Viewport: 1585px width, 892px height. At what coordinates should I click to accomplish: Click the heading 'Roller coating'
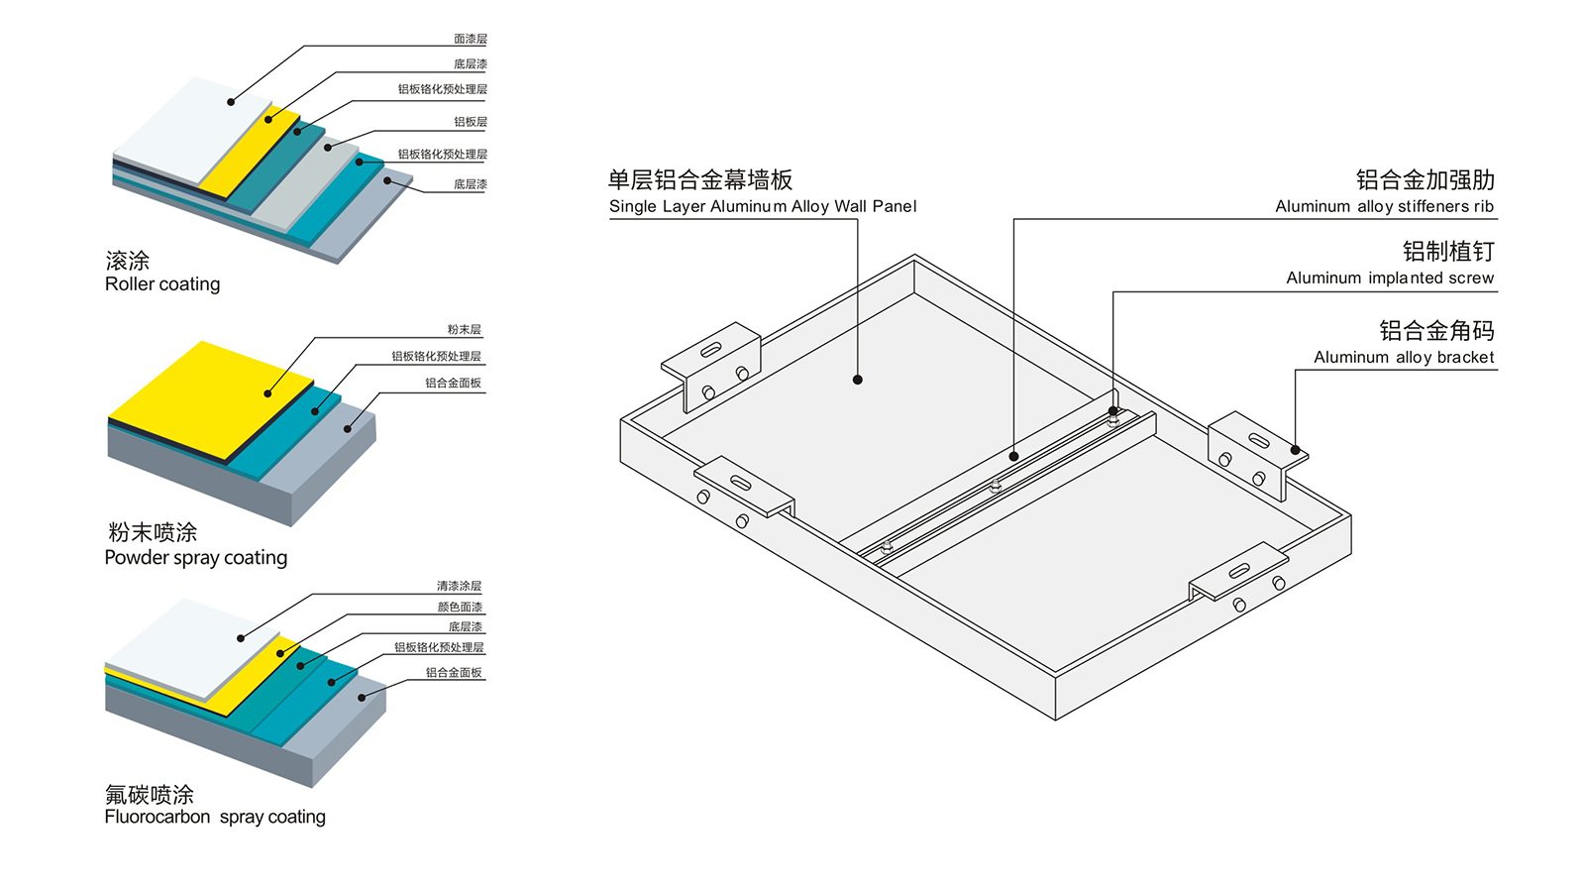pos(162,284)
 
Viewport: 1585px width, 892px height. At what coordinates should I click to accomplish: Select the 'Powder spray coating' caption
pos(196,558)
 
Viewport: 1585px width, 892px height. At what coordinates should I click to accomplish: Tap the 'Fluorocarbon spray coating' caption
pos(215,817)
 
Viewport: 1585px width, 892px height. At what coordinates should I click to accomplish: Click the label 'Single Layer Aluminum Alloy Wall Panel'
pos(763,206)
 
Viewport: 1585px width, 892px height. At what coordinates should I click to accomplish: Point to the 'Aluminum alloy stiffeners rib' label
pos(1384,206)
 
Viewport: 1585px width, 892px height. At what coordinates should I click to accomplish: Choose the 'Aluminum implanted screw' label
pos(1390,279)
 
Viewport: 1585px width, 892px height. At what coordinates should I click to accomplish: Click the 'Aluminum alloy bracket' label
pos(1404,358)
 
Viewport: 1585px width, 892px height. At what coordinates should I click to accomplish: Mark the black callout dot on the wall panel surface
pos(858,380)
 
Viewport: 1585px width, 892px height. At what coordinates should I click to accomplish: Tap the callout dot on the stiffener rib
pos(1013,456)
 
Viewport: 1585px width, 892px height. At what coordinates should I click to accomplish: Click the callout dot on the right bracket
pos(1295,450)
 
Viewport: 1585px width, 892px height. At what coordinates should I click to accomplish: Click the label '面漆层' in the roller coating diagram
pos(471,40)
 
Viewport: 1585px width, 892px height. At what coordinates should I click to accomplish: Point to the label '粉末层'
pos(464,330)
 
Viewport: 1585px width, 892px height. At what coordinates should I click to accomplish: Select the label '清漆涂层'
pos(459,587)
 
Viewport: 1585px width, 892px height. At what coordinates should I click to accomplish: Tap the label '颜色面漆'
pos(460,608)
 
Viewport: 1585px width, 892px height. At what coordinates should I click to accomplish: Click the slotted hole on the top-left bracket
pos(711,350)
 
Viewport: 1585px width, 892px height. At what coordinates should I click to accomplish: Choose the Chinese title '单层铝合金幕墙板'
pos(700,180)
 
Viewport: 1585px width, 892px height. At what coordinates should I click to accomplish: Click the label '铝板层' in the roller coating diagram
pos(471,122)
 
